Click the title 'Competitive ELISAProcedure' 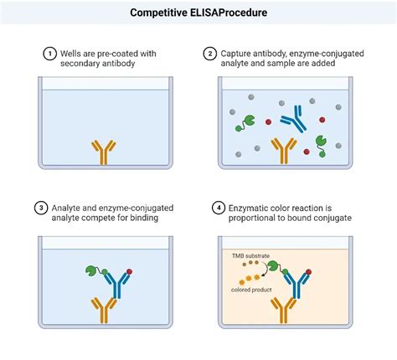[198, 13]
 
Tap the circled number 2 [210, 54]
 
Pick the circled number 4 [210, 208]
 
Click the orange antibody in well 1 [105, 152]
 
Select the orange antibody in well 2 [287, 152]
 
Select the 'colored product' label [250, 290]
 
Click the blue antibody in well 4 [293, 284]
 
